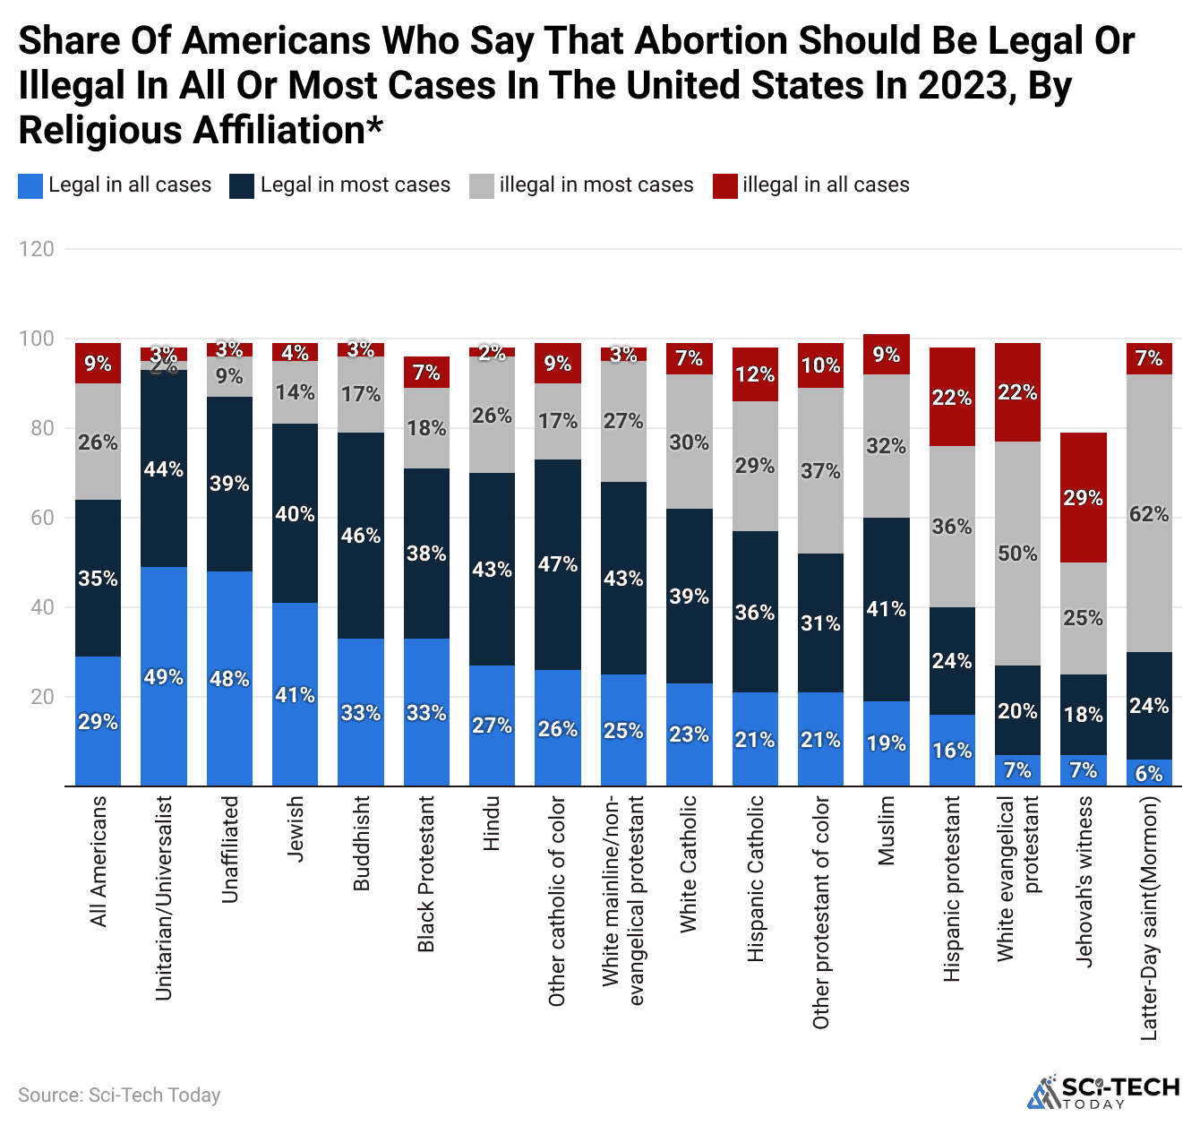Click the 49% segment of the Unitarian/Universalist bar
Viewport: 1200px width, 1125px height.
tap(164, 676)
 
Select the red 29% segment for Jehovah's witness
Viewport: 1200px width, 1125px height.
tap(1083, 497)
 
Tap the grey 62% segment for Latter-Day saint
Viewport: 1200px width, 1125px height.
tap(1149, 513)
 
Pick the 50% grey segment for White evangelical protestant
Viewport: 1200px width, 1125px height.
tap(1017, 554)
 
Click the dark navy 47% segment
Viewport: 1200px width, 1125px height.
tap(558, 564)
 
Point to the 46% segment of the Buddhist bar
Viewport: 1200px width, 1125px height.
tap(361, 536)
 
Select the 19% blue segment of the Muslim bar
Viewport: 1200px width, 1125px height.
tap(887, 743)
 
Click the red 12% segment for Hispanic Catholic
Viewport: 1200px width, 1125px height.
tap(755, 374)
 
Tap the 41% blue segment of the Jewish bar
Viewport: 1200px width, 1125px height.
tap(296, 694)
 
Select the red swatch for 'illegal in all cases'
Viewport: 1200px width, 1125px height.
tap(725, 185)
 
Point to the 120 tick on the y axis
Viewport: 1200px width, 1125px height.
tap(37, 249)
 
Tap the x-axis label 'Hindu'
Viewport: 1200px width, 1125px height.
tap(492, 823)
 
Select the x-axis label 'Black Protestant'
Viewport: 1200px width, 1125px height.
tap(426, 873)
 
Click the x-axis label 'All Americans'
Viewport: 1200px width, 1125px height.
tap(99, 861)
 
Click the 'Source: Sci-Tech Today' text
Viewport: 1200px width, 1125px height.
tap(119, 1095)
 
